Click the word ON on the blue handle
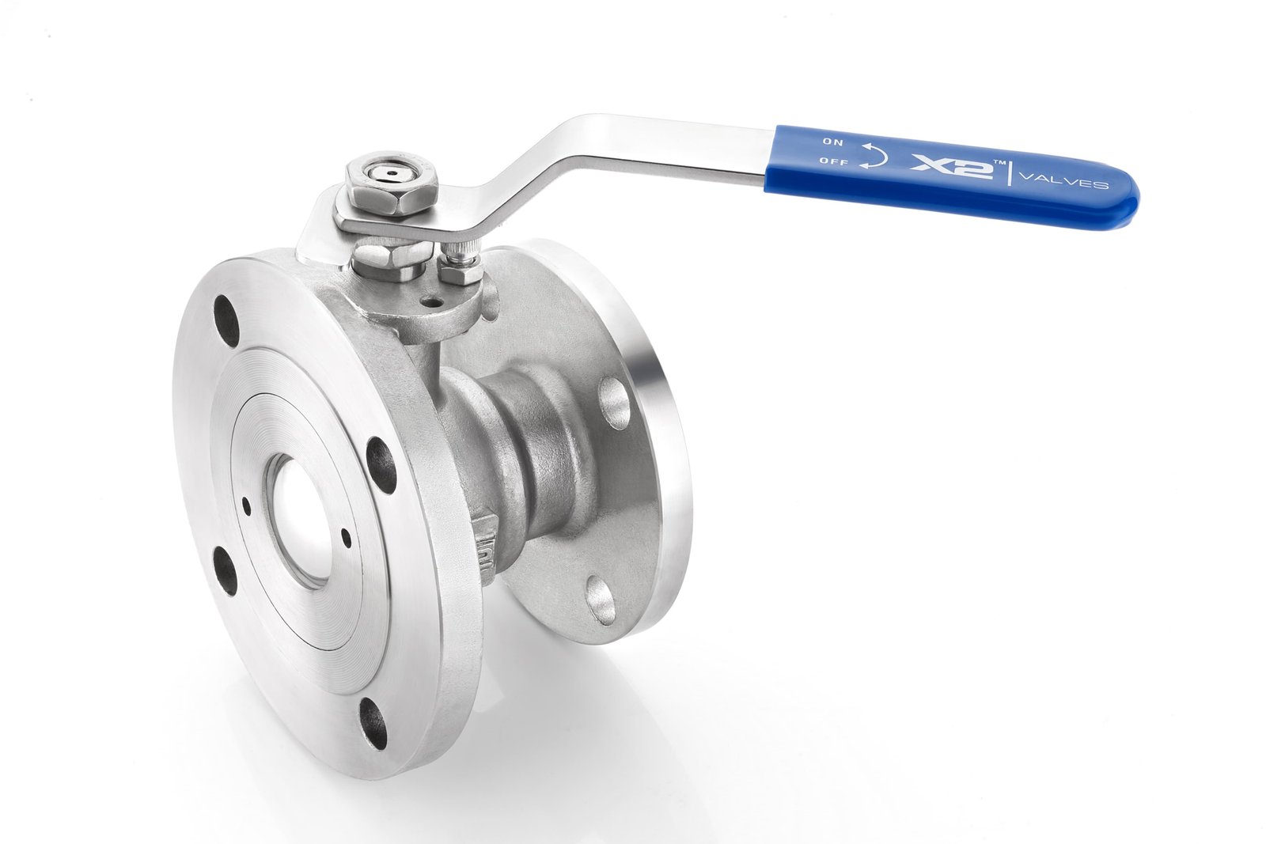(x=832, y=142)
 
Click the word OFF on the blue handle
(x=834, y=161)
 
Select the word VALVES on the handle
(x=1063, y=183)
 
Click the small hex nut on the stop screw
(x=460, y=274)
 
